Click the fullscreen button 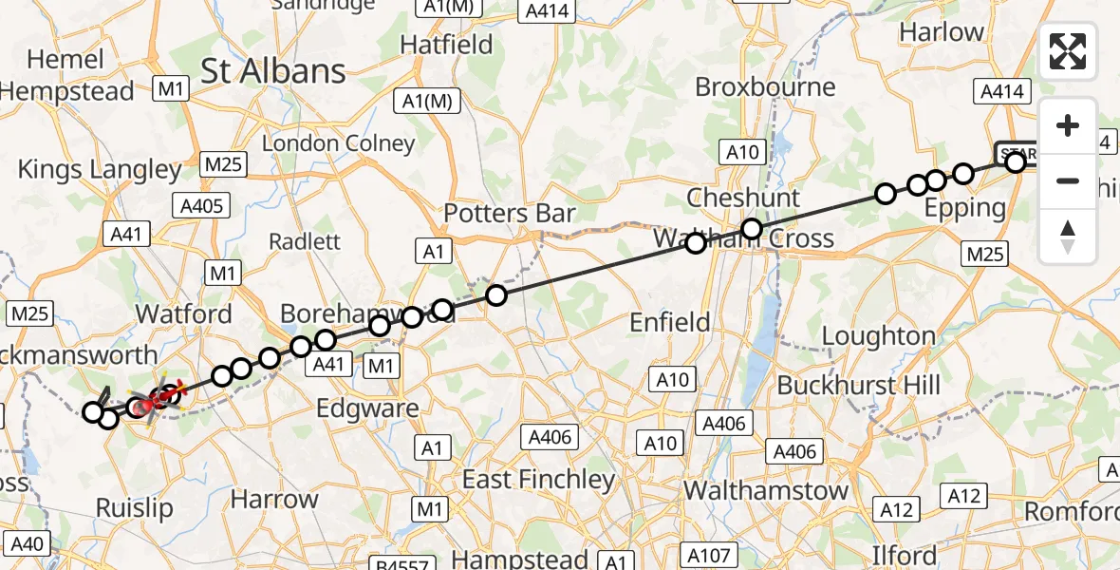pos(1068,51)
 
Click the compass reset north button pos(1068,237)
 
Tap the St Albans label pos(273,71)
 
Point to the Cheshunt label pos(743,199)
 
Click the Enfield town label pos(670,323)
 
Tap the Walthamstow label pos(766,490)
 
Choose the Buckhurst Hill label pos(859,386)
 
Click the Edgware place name pos(369,408)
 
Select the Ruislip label pos(135,508)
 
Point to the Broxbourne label pos(765,87)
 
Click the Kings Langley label pos(100,170)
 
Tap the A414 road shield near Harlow pos(1000,91)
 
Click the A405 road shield pos(200,204)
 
